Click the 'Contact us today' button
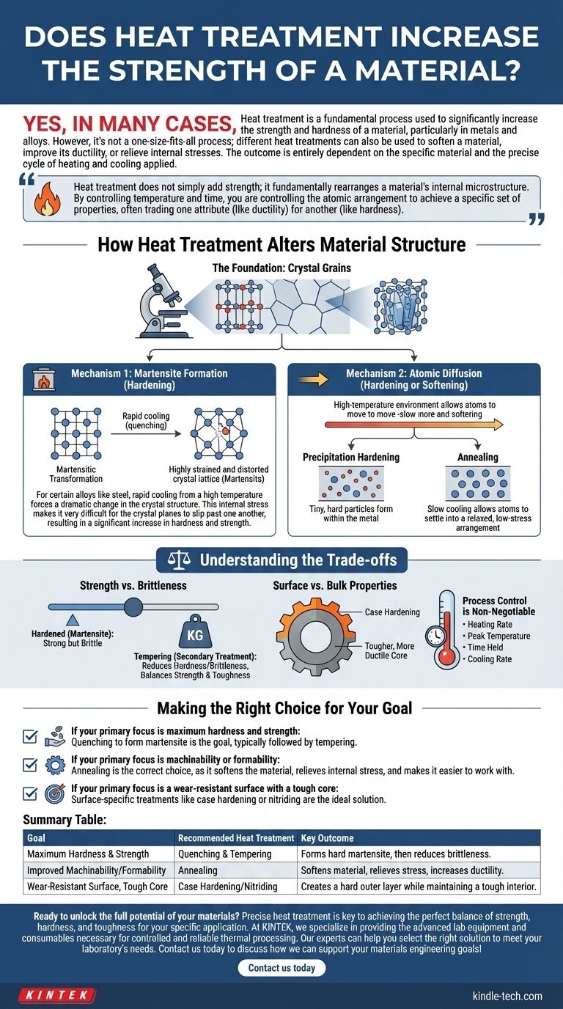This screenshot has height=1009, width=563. pos(281,967)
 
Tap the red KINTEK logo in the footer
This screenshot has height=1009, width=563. pos(57,994)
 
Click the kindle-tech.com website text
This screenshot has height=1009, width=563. pos(507,996)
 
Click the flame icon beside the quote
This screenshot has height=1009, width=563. pos(48,199)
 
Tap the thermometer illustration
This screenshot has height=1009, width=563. pos(444,630)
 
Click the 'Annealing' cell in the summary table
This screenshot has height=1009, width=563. pos(198,870)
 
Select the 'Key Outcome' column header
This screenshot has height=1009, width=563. pos(327,838)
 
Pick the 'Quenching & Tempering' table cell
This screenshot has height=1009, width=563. pos(225,854)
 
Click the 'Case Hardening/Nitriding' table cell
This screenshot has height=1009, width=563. pos(227,886)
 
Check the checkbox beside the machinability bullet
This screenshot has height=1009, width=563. pos(30,765)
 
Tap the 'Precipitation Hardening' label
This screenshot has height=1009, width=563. pos(351,458)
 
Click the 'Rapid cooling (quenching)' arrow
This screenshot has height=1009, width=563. pos(146,433)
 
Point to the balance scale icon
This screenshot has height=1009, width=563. pos(179,560)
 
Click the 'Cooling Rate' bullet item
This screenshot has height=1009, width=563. pos(490,659)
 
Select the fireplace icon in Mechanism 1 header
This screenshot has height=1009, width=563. pos(45,380)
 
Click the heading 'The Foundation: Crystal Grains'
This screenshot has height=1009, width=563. pos(281,268)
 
